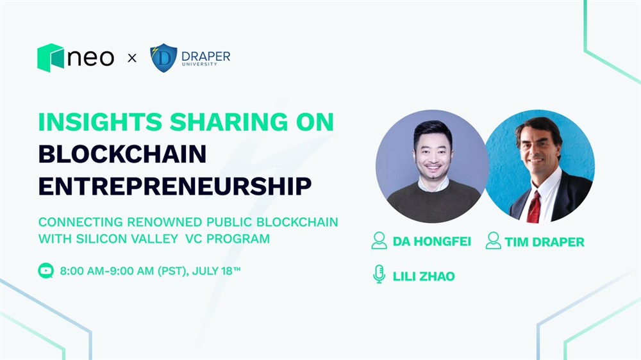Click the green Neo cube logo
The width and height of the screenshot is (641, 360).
pos(50,58)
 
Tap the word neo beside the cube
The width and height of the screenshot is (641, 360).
pos(90,58)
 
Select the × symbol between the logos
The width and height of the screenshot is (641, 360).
pos(132,58)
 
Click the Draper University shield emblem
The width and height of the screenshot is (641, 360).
pos(163,58)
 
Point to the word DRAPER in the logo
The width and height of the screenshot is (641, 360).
pos(206,56)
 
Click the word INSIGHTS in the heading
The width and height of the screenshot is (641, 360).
pos(100,122)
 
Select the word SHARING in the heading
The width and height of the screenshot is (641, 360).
pos(229,122)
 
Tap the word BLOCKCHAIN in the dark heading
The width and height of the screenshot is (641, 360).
pos(122,154)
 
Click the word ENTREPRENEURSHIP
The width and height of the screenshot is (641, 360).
pos(175,186)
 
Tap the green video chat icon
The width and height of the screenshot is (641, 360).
pos(46,270)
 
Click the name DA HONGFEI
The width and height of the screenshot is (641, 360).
pos(431,241)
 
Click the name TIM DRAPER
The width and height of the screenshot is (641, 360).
pos(544,242)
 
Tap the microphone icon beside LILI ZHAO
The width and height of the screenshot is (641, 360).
pos(379,274)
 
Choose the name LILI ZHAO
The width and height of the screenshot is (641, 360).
pos(424,277)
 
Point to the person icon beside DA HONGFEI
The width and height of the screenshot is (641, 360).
pos(379,240)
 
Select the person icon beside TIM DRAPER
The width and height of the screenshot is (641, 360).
pos(493,240)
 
